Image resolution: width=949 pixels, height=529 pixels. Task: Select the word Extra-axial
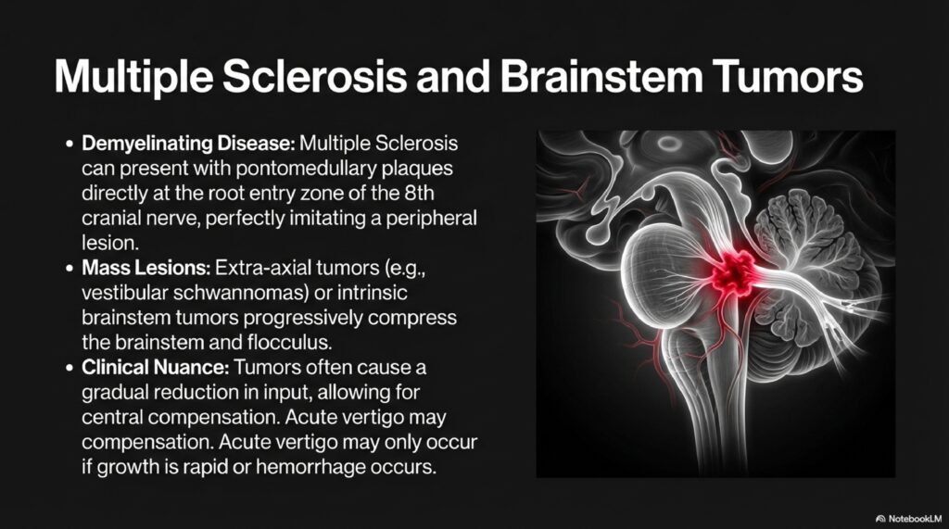(x=259, y=269)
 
